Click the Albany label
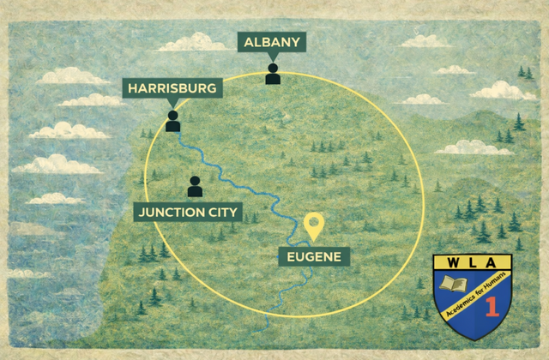(x=272, y=42)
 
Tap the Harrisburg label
(x=173, y=88)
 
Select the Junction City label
(x=188, y=212)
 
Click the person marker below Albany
(x=273, y=74)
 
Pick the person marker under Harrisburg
(x=173, y=121)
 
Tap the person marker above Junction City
(x=195, y=186)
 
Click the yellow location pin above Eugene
(x=315, y=225)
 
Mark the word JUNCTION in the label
(x=172, y=212)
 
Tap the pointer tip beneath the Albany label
(x=272, y=57)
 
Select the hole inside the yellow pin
(x=315, y=222)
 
